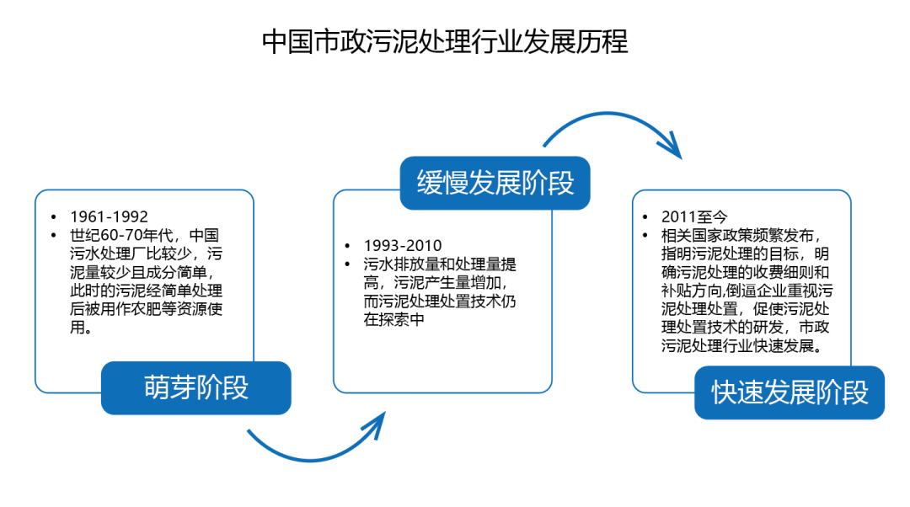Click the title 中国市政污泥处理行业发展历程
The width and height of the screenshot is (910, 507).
445,42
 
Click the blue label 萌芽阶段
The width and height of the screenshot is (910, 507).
196,387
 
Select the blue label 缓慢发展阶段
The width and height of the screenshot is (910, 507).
495,183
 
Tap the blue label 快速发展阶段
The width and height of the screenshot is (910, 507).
790,392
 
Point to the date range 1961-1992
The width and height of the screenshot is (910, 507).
109,216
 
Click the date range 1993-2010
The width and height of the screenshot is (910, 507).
403,245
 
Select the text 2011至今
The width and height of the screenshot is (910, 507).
694,217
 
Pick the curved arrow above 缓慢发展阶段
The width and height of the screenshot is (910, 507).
609,115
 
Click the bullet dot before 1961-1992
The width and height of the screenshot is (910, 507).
54,217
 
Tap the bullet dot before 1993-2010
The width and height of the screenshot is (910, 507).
348,246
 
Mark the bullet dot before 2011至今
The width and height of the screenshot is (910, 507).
645,217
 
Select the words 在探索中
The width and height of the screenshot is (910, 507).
394,320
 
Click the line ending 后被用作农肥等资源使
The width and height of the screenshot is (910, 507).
147,308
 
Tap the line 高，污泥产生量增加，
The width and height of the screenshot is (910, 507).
436,282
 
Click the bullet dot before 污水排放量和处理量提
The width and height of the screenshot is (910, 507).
348,264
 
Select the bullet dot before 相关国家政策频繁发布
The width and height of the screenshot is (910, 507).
645,236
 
